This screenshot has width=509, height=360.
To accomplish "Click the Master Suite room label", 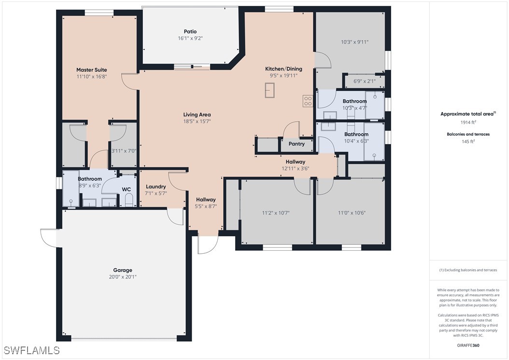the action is click(92, 70).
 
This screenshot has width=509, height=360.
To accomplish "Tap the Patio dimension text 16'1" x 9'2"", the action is click(190, 38).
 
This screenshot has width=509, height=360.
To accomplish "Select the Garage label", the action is click(123, 270).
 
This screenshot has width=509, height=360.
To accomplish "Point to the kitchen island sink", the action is click(270, 90).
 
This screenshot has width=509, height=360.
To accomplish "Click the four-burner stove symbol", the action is click(308, 101).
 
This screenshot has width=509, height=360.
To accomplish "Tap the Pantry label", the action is click(297, 144).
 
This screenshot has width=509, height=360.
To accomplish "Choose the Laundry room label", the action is click(156, 187).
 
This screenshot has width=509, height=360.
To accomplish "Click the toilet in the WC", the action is click(129, 200).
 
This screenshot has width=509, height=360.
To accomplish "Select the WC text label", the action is click(126, 189).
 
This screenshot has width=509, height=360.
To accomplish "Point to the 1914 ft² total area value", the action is click(468, 122).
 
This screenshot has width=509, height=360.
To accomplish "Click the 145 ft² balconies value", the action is click(468, 141).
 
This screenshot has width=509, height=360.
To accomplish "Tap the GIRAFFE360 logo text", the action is click(468, 346).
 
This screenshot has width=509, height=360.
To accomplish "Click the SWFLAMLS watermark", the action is click(31, 350).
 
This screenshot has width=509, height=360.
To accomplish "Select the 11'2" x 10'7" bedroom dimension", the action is click(276, 213).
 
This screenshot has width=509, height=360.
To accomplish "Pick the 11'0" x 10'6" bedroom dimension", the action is click(352, 213).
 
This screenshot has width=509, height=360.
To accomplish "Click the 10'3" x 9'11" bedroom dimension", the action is click(355, 42).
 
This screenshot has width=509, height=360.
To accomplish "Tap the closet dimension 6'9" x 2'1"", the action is click(364, 81).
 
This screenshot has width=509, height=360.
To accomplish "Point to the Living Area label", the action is click(197, 115).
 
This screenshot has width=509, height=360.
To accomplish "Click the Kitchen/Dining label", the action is click(283, 69).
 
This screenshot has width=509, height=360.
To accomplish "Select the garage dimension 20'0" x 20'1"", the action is click(123, 277).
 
